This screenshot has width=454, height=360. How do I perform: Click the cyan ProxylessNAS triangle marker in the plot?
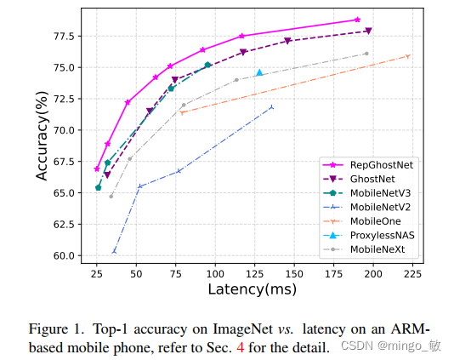tap(259, 73)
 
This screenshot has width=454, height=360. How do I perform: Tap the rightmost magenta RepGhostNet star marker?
tap(357, 20)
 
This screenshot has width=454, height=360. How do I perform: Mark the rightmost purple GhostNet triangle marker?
tap(368, 31)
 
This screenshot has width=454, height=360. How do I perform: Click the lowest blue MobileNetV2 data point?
tap(114, 251)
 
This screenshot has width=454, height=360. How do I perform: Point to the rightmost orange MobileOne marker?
tap(408, 56)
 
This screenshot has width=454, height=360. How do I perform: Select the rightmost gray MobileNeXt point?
tap(366, 54)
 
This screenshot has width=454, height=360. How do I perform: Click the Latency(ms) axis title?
tap(253, 290)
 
